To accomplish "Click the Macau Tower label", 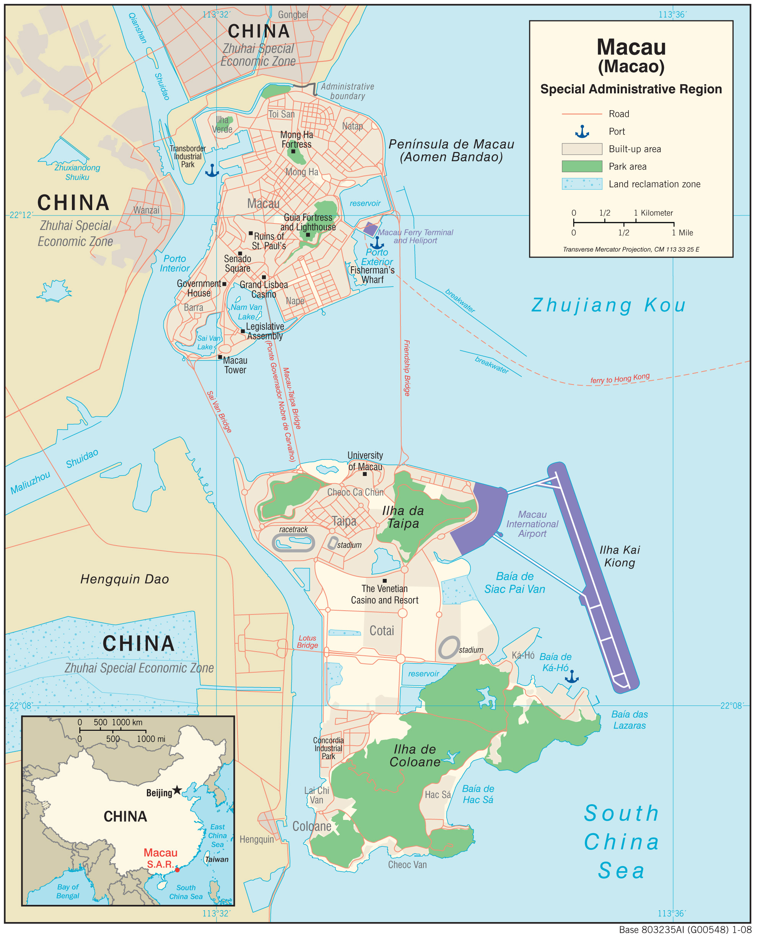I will [x=235, y=365].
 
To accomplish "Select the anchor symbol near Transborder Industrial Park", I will [x=212, y=170].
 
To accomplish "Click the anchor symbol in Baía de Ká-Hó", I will [x=572, y=677].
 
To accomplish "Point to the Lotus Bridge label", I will [x=307, y=642].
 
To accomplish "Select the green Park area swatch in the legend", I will [x=582, y=166].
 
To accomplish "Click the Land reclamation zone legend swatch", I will [x=582, y=184].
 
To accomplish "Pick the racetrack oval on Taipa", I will [x=293, y=543].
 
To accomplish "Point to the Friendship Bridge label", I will [x=407, y=368].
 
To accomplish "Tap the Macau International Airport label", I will [x=532, y=524].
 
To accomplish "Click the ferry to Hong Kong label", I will [x=620, y=378].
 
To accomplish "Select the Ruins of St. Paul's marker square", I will [x=251, y=233].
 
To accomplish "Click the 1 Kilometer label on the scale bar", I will [x=653, y=213].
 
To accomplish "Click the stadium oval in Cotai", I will [x=449, y=648].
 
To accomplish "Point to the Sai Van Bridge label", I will [x=219, y=412].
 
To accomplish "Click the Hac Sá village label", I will [x=437, y=795].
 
